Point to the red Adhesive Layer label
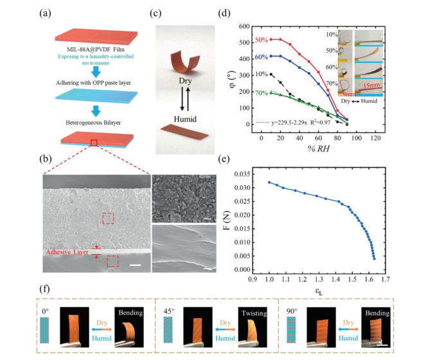point(67,253)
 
